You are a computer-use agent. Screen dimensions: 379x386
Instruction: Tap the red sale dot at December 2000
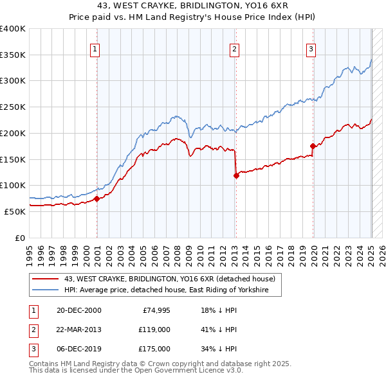point(97,198)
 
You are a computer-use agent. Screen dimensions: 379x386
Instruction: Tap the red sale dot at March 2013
point(236,175)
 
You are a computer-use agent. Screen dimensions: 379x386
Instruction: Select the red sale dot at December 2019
point(313,146)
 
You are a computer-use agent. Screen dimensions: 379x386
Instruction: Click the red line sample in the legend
point(45,279)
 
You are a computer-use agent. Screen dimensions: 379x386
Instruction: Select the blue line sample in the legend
point(45,290)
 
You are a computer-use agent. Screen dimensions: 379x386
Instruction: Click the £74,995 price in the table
point(156,310)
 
